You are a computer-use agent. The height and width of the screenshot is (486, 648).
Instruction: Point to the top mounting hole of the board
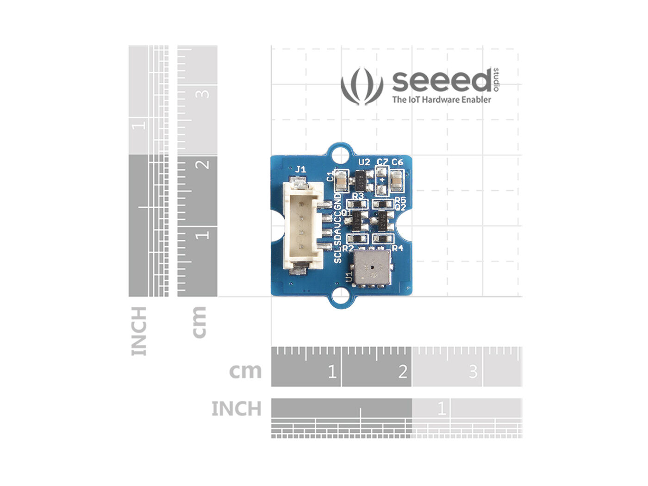click(341, 153)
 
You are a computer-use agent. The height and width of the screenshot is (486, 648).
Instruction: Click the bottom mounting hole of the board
click(341, 293)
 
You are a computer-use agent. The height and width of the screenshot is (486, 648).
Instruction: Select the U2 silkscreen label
click(364, 162)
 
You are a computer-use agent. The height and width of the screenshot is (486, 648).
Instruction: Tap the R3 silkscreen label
click(358, 196)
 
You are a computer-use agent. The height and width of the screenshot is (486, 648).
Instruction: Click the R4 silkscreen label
click(398, 248)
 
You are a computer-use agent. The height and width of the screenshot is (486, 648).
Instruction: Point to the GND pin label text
click(338, 202)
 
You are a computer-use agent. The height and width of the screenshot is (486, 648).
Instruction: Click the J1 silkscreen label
click(300, 169)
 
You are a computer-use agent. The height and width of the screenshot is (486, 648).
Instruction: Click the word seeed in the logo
click(441, 81)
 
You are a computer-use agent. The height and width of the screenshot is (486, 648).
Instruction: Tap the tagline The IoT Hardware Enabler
click(442, 100)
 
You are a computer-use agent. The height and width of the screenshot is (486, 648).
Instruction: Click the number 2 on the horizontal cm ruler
click(402, 371)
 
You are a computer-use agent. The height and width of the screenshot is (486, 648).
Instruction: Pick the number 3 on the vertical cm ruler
click(203, 93)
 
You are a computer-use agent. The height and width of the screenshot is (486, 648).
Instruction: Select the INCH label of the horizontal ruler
click(237, 409)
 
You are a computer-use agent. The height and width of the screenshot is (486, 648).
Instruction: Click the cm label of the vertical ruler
click(199, 322)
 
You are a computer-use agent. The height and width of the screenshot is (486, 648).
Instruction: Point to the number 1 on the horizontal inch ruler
click(441, 408)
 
